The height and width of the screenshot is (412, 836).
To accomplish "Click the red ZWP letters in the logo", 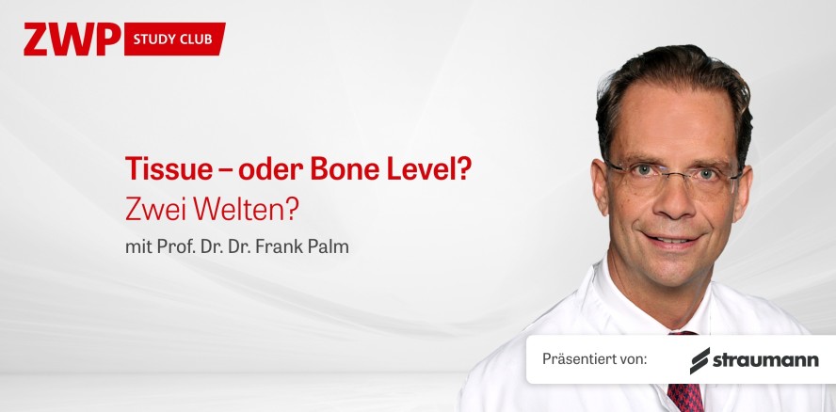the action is click(x=72, y=39).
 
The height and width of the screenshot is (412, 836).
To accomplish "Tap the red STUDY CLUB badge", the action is click(x=174, y=39).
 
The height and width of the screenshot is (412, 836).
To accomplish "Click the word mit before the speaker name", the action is click(x=137, y=247).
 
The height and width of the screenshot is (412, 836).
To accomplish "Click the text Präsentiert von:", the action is click(x=594, y=359).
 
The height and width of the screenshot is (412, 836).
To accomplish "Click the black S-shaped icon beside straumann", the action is click(x=699, y=360).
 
